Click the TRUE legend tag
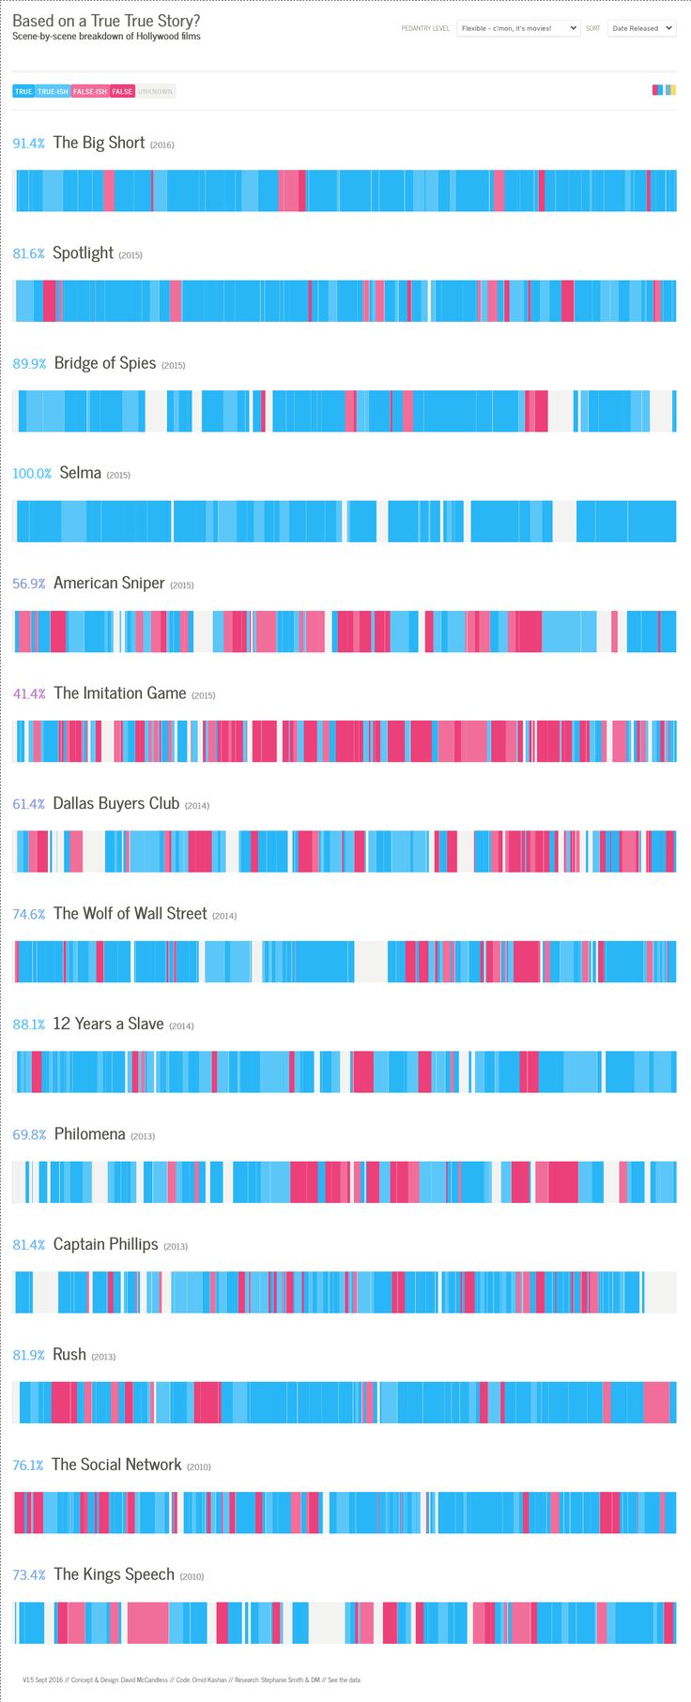(23, 91)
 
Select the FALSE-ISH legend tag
(90, 91)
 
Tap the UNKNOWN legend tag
(156, 91)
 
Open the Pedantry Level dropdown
(518, 28)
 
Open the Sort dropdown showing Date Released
(641, 28)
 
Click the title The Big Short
(99, 143)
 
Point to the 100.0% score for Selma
(32, 474)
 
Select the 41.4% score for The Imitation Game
(29, 694)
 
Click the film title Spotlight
(83, 253)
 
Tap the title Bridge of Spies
(105, 363)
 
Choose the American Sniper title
(109, 584)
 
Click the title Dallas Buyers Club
(115, 804)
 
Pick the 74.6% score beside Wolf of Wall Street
(29, 915)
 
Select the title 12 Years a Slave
(108, 1025)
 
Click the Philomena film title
(89, 1134)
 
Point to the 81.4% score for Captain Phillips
(29, 1245)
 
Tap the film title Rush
(69, 1355)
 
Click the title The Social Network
(116, 1465)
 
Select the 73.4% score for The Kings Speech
(29, 1575)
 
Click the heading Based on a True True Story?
(106, 21)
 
